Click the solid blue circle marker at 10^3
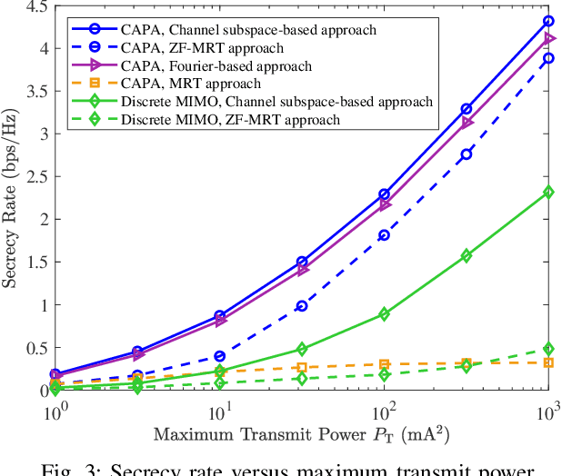click(548, 20)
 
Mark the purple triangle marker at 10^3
click(548, 38)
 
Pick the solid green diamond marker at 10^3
click(548, 192)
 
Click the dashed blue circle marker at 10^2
click(384, 235)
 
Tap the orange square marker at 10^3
click(548, 362)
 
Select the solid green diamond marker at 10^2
click(384, 314)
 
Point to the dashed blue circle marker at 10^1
click(219, 356)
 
